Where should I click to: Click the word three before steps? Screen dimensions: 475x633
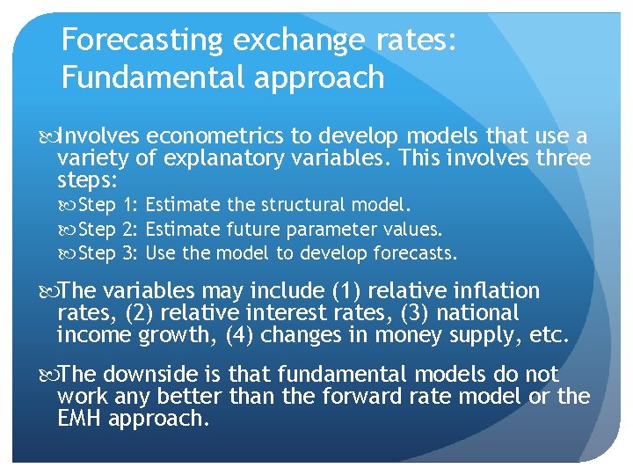[x=560, y=158]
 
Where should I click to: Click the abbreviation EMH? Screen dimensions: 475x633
[x=79, y=419]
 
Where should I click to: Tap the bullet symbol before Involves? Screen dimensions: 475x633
[x=47, y=137]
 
